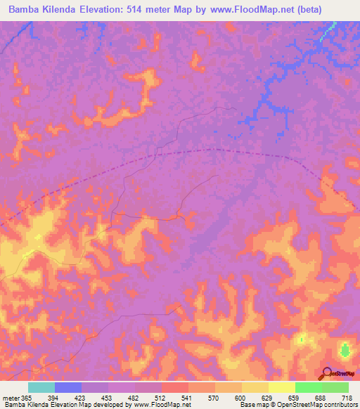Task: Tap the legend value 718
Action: coord(346,398)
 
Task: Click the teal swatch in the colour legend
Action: coord(41,387)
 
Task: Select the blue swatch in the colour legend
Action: coord(67,387)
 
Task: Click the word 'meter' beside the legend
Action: coord(10,398)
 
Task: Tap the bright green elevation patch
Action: coord(345,349)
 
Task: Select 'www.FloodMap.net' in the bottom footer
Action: coord(156,405)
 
